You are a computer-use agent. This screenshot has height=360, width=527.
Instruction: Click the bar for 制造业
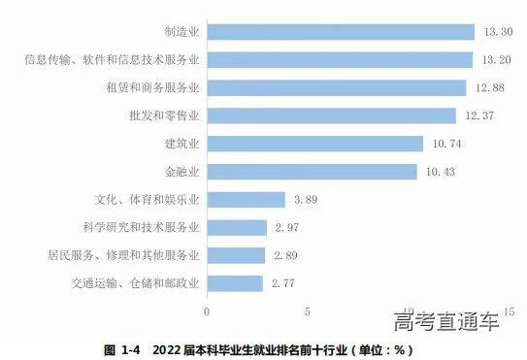pyautogui.click(x=340, y=32)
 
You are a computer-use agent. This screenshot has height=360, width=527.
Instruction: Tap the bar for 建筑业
pyautogui.click(x=315, y=144)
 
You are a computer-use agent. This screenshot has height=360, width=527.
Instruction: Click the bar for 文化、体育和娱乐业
pyautogui.click(x=246, y=200)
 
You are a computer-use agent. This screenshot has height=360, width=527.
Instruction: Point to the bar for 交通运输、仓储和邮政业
pyautogui.click(x=235, y=283)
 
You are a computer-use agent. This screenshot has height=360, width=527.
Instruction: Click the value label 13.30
pyautogui.click(x=493, y=32)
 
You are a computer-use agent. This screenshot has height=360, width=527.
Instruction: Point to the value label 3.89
pyautogui.click(x=305, y=200)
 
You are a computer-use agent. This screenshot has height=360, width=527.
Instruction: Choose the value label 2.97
pyautogui.click(x=286, y=228)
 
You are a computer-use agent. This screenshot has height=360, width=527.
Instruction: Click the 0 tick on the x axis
pyautogui.click(x=207, y=312)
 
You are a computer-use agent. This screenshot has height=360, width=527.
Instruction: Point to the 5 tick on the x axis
pyautogui.click(x=308, y=312)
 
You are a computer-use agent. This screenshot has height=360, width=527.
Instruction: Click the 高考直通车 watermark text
pyautogui.click(x=446, y=321)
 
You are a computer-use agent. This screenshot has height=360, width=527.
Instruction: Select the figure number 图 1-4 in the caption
pyautogui.click(x=122, y=348)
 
